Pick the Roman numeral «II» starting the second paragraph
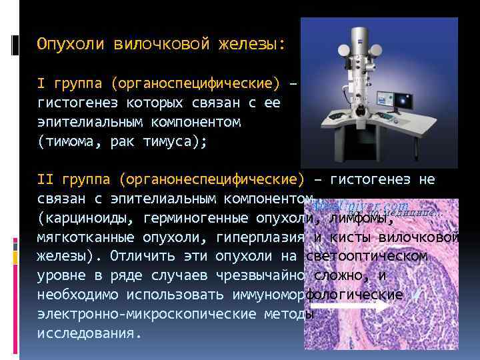click(x=45, y=179)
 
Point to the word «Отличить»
click(x=142, y=257)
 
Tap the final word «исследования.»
click(x=89, y=333)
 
